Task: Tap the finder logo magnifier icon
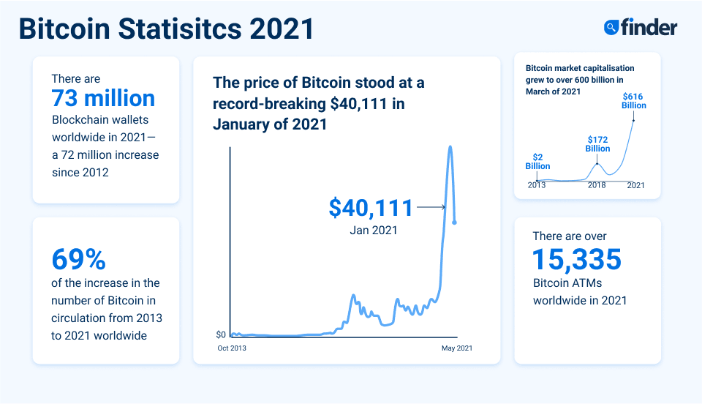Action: point(611,28)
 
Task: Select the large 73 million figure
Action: point(103,98)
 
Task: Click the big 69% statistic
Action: point(79,259)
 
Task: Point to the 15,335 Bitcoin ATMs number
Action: point(577,259)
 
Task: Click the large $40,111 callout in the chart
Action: point(371,208)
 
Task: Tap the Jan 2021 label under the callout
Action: point(374,231)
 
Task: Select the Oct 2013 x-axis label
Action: point(232,348)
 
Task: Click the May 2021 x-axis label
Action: point(456,348)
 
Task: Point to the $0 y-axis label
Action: point(221,334)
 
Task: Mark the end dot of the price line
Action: point(455,222)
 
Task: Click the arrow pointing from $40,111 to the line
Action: point(431,208)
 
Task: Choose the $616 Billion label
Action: point(634,100)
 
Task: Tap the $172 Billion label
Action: point(597,143)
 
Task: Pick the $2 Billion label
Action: point(537,161)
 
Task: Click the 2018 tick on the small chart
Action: point(597,185)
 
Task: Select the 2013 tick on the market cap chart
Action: point(537,185)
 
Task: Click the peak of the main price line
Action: point(450,147)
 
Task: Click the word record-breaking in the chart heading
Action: point(268,104)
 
